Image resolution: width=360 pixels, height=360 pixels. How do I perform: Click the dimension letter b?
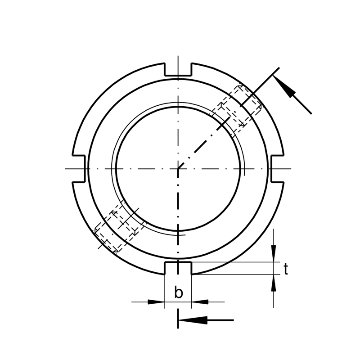[x=178, y=292]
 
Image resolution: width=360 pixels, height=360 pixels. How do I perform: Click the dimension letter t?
[x=286, y=269]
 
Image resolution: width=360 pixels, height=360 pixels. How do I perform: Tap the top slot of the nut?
[x=178, y=69]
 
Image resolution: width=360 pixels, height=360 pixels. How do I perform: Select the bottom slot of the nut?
[x=178, y=268]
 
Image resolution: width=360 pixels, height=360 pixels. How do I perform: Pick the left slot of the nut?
[x=79, y=169]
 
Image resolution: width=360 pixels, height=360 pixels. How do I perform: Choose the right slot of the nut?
[x=277, y=169]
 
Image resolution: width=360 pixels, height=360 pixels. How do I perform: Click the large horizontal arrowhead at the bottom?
[x=193, y=320]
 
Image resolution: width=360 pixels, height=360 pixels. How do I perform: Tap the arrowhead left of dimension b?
[x=156, y=302]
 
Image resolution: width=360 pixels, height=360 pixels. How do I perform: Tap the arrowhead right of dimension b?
[x=200, y=302]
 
